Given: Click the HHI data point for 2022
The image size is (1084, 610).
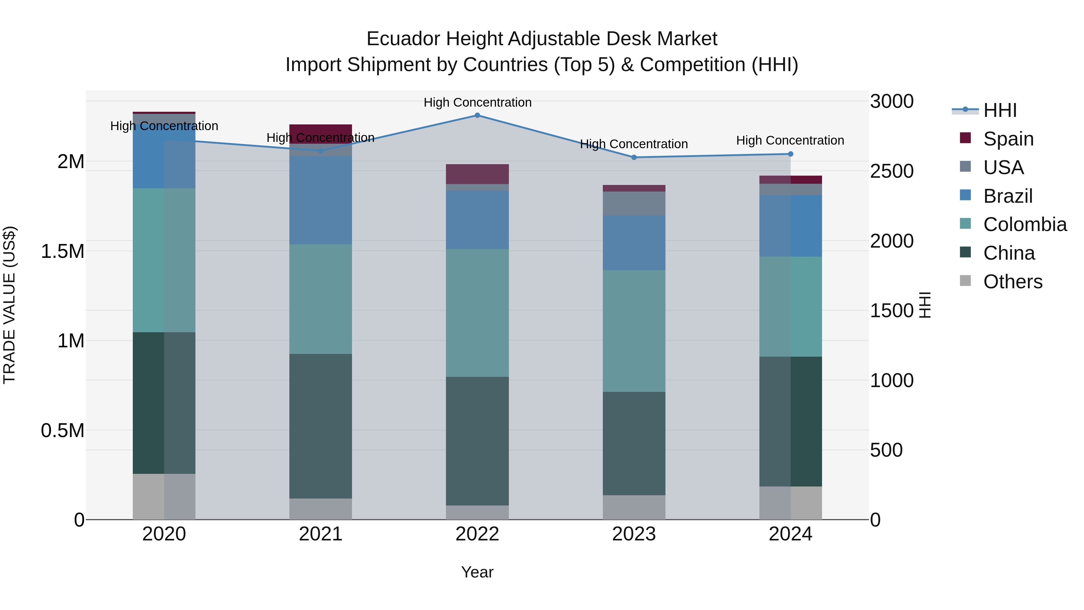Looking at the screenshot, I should (x=477, y=115).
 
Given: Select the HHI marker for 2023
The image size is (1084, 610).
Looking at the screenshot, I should (x=634, y=158).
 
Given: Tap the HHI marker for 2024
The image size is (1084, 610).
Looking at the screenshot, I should (x=790, y=154).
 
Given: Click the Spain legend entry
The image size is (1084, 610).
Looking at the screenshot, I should (x=1008, y=139).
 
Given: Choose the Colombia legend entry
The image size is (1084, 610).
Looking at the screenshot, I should (x=1025, y=225).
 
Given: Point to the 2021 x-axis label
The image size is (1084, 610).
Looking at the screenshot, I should (x=321, y=534).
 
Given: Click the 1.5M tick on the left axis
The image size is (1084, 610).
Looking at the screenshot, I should (x=62, y=251).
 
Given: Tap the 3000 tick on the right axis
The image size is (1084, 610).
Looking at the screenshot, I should (x=892, y=102).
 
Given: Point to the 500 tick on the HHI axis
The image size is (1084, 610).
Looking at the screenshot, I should (x=886, y=450).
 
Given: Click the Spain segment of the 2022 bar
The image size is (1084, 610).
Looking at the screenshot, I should (x=477, y=174).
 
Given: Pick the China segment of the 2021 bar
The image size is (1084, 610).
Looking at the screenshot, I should (x=321, y=426).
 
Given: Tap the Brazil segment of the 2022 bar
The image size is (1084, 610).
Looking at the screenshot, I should (x=477, y=220).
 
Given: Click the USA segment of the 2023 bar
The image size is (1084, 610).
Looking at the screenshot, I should (x=634, y=203).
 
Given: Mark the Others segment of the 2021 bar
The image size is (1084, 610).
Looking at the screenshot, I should (x=321, y=509).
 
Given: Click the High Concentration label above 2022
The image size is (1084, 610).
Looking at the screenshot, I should (x=477, y=102).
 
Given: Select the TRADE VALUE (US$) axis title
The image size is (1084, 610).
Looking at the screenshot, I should (x=9, y=305).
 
